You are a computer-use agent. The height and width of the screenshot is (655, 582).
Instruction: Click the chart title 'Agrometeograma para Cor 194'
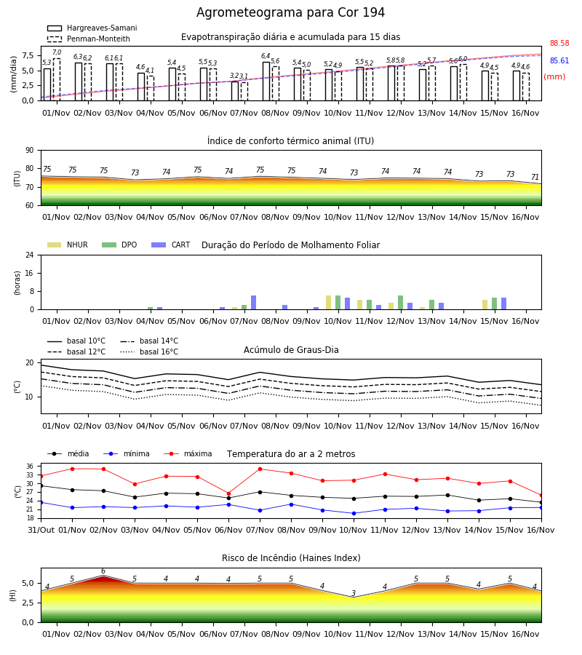point(290,12)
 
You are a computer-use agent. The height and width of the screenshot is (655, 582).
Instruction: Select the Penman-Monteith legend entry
point(89,39)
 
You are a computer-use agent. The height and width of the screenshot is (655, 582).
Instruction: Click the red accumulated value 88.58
point(559,43)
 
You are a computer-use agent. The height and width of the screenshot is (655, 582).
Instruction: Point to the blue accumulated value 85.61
point(559,60)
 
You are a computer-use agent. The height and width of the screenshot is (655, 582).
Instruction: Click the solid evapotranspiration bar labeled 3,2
point(235,91)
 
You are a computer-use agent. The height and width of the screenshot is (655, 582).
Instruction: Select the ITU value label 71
point(535,177)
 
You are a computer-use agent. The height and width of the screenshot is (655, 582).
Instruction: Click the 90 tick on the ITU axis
point(30,151)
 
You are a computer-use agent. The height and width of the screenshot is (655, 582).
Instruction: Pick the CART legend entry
point(171,245)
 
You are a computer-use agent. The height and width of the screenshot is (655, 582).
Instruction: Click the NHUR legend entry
point(67,245)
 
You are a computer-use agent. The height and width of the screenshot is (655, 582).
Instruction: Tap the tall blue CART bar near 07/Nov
point(253,303)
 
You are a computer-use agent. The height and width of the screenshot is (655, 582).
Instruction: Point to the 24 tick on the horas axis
point(30,255)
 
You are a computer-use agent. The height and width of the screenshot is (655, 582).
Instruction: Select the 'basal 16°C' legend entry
point(149,352)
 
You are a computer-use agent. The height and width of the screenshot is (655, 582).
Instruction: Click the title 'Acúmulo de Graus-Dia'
point(291,349)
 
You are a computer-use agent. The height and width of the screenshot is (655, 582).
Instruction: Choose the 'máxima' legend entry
point(188,453)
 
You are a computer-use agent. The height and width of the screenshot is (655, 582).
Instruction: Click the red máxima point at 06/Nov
point(228,493)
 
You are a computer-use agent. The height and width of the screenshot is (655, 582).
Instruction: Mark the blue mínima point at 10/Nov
point(354,513)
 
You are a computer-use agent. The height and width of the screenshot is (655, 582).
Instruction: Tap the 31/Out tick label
point(41,530)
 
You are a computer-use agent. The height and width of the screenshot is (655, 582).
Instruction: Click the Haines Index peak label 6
point(103,571)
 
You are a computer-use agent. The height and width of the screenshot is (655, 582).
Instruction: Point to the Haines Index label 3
point(354,593)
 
